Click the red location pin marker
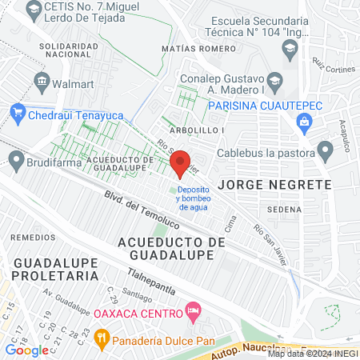click(182, 164)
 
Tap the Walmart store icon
click(42, 81)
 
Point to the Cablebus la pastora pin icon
click(325, 150)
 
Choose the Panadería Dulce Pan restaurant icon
click(101, 338)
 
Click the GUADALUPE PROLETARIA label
click(54, 269)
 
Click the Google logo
click(26, 350)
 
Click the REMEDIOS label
click(32, 238)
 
